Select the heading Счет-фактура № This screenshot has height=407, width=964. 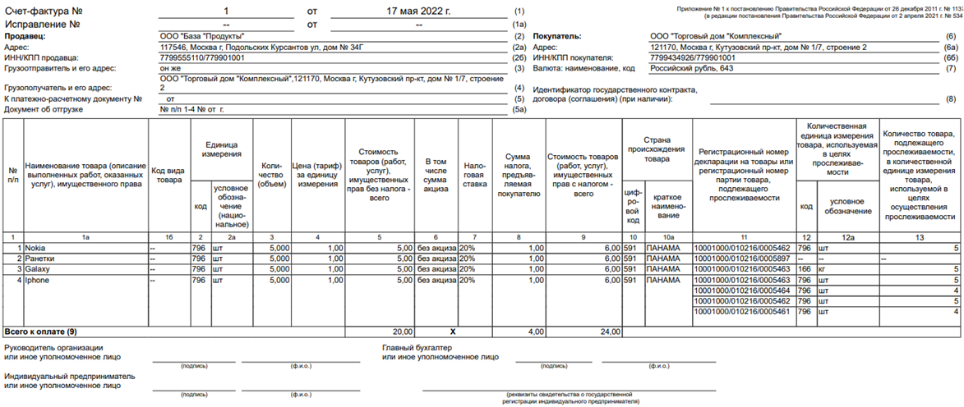(x=49, y=12)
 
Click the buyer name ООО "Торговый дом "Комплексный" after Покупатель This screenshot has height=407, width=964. (x=715, y=37)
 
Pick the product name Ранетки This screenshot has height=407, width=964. (x=40, y=258)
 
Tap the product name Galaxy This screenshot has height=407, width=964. (x=38, y=269)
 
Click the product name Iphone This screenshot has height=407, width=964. (x=39, y=280)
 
